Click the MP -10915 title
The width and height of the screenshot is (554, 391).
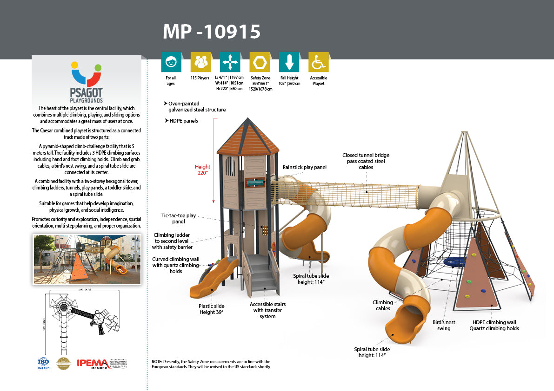pyautogui.click(x=211, y=31)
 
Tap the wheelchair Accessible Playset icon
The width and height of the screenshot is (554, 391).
pyautogui.click(x=318, y=62)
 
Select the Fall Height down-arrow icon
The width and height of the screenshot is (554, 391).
pyautogui.click(x=289, y=62)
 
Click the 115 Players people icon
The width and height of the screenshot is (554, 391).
pyautogui.click(x=200, y=62)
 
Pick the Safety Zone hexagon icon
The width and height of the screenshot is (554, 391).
pyautogui.click(x=260, y=62)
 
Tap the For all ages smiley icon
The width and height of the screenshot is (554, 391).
pyautogui.click(x=171, y=62)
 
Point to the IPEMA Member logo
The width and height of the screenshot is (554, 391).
pyautogui.click(x=101, y=364)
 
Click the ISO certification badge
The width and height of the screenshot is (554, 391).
pyautogui.click(x=43, y=363)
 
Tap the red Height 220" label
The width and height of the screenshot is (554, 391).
pyautogui.click(x=202, y=169)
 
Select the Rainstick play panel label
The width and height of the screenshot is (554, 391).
pyautogui.click(x=305, y=167)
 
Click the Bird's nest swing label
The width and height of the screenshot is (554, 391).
pyautogui.click(x=444, y=325)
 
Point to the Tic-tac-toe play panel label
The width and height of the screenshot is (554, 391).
pyautogui.click(x=179, y=219)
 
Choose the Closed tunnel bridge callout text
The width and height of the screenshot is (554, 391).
pyautogui.click(x=366, y=161)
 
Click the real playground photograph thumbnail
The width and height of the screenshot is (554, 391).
pyautogui.click(x=87, y=259)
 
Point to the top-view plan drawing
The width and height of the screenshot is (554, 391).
pyautogui.click(x=82, y=320)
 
